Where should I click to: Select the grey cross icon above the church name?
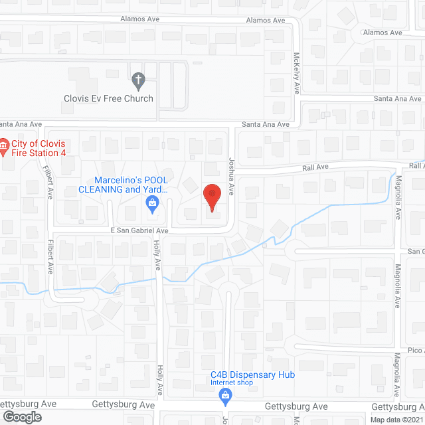click(x=138, y=81)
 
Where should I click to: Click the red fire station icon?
click(x=3, y=145)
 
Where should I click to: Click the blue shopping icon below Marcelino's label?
click(x=152, y=203)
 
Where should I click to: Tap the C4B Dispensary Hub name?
click(x=252, y=375)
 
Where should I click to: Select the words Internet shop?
click(x=232, y=383)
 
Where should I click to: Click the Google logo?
click(x=21, y=416)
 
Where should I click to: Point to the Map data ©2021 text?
click(x=396, y=420)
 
